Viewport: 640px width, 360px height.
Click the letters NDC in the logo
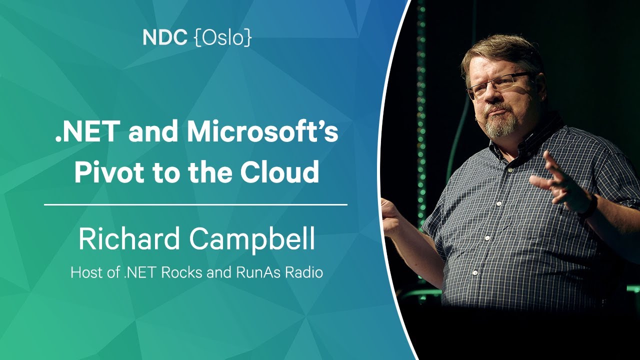(x=165, y=37)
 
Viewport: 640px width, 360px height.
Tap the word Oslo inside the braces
(x=223, y=37)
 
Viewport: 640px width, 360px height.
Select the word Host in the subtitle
(x=85, y=272)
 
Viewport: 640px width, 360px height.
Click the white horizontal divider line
(x=195, y=205)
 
